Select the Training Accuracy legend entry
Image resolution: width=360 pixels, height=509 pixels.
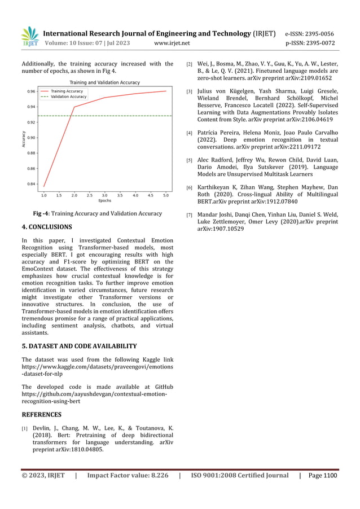point(67,91)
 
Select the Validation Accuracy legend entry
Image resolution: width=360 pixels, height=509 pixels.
point(68,96)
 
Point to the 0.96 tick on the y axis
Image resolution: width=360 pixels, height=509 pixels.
point(31,91)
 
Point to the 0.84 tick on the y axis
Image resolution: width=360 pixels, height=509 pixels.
point(31,183)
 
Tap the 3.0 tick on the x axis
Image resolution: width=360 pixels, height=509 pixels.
point(104,195)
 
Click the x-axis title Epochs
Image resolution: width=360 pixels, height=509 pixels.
point(104,201)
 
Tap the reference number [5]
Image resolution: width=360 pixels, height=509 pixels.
point(190,161)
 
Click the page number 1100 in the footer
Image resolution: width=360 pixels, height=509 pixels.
point(330,476)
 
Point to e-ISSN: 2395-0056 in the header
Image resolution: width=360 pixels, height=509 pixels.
point(309,34)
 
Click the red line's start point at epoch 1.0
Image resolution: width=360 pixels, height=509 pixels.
point(43,187)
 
